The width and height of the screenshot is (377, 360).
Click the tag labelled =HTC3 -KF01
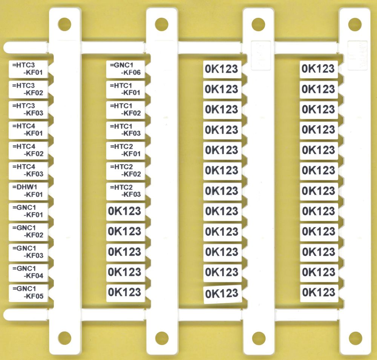click(x=28, y=69)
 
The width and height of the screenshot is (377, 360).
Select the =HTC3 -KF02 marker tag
click(x=28, y=89)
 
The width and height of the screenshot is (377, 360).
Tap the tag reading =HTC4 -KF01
click(x=28, y=130)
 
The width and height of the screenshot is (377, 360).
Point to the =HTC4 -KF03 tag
click(x=28, y=171)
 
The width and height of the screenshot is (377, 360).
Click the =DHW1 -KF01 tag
click(x=28, y=191)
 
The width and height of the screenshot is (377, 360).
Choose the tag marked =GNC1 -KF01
click(x=28, y=211)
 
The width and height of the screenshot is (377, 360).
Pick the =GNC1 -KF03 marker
click(x=28, y=252)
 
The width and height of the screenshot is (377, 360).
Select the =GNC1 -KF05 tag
click(x=28, y=293)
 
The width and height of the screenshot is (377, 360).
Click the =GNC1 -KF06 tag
click(x=126, y=69)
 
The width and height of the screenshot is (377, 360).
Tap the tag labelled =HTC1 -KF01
click(x=126, y=89)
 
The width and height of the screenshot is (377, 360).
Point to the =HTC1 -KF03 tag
click(x=126, y=130)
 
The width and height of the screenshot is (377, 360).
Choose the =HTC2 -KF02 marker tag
click(x=126, y=171)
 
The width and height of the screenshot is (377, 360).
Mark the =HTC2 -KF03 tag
click(x=126, y=191)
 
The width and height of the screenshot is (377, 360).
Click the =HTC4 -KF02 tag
click(x=28, y=150)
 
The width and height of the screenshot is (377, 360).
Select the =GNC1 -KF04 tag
click(x=28, y=273)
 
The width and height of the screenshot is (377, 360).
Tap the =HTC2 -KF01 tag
click(x=126, y=150)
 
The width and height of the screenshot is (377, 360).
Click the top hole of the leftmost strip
click(x=64, y=24)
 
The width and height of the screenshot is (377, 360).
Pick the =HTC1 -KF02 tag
click(x=126, y=110)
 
